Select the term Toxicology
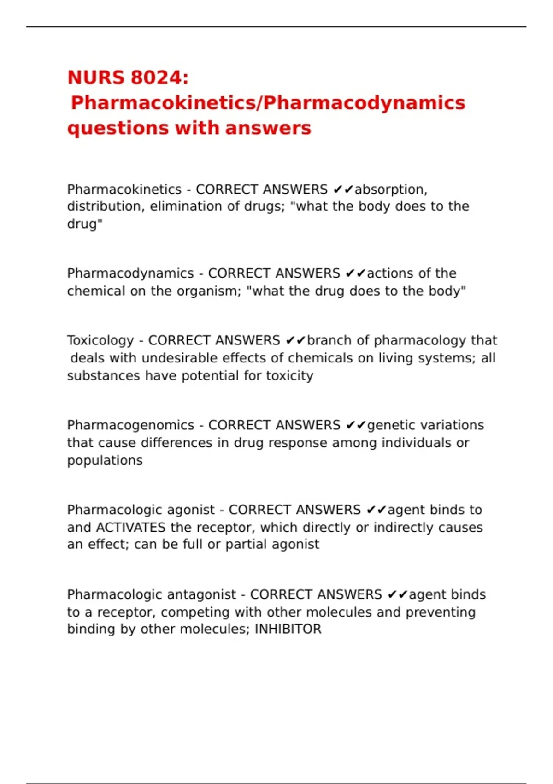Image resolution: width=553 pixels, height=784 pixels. (100, 340)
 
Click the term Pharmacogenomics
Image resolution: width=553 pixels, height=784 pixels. (130, 425)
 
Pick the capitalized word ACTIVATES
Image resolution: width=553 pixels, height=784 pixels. (130, 527)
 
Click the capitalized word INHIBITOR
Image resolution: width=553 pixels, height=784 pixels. (288, 629)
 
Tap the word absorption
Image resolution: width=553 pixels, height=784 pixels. (390, 190)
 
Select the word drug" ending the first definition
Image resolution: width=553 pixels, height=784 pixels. (85, 224)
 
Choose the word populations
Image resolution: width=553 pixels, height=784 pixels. (105, 461)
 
